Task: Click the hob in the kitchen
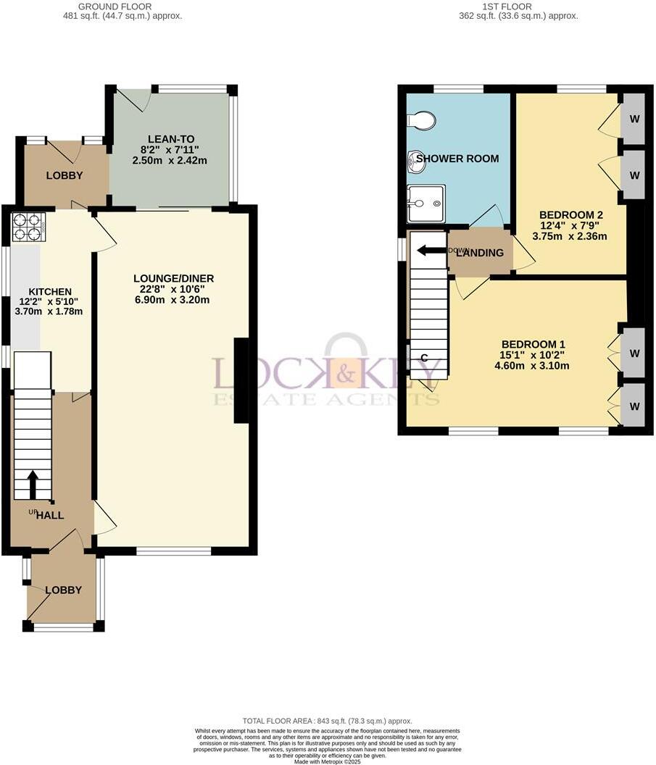[28, 227]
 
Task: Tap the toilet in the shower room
[421, 121]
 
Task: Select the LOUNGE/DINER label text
[173, 278]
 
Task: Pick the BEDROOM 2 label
[571, 214]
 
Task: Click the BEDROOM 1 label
[533, 344]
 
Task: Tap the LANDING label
[485, 253]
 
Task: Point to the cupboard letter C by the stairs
[423, 357]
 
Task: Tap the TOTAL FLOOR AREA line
[327, 721]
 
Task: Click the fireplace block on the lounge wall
[241, 380]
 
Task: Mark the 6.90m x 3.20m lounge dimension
[173, 299]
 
